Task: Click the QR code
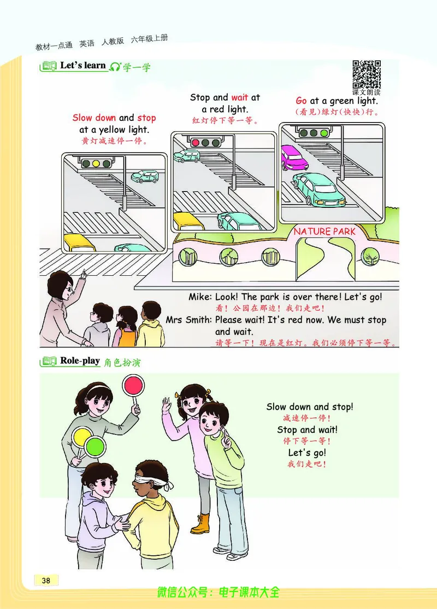(367, 74)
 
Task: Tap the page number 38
(46, 580)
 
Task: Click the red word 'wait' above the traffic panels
(240, 97)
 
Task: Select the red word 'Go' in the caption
(302, 101)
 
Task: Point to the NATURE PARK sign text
(324, 232)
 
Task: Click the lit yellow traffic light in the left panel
(96, 164)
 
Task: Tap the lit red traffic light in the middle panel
(196, 143)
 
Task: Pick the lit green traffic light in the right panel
(324, 133)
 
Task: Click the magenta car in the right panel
(293, 157)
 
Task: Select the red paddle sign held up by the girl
(133, 385)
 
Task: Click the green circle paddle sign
(95, 446)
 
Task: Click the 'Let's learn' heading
(83, 66)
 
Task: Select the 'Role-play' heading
(80, 361)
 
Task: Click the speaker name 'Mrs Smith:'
(189, 320)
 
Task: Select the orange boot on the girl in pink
(200, 524)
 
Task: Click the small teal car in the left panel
(145, 177)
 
